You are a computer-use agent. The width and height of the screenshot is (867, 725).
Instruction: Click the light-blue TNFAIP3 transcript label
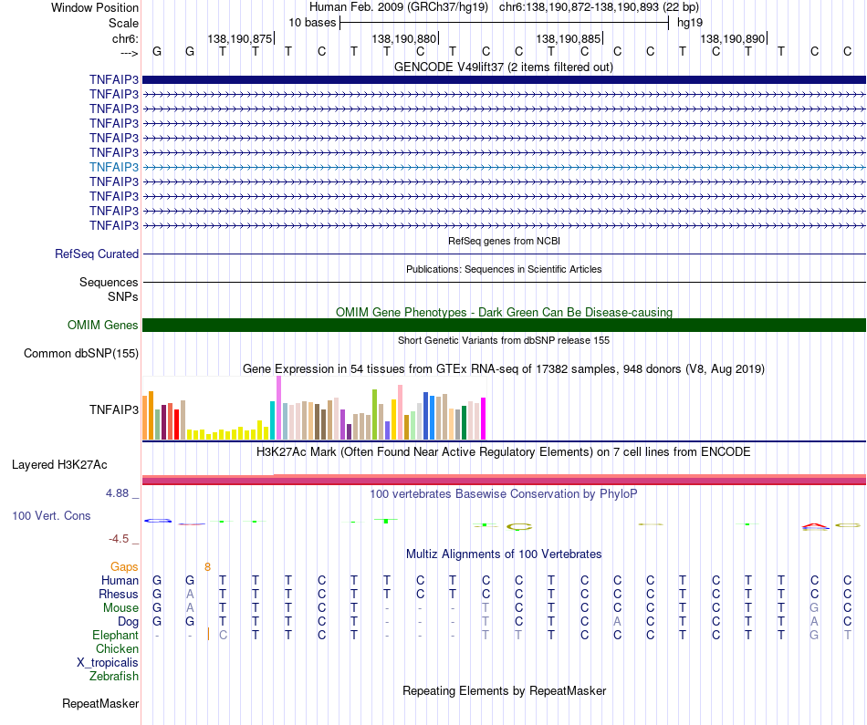tap(114, 167)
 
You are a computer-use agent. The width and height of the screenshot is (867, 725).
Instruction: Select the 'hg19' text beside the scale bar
tap(690, 23)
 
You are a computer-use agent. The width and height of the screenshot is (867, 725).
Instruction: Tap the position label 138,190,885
tap(568, 38)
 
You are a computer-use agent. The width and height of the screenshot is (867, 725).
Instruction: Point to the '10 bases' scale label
tap(312, 23)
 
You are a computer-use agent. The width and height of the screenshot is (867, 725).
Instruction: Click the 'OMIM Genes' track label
tap(103, 325)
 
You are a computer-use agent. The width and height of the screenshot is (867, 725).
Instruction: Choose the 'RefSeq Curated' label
tap(97, 254)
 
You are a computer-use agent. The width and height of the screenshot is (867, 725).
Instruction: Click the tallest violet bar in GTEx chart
tap(278, 408)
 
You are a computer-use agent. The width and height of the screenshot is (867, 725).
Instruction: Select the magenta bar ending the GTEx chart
tap(484, 419)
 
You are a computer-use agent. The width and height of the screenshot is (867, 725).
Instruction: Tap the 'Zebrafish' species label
tap(114, 676)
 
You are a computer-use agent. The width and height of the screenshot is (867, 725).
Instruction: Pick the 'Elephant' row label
tap(116, 635)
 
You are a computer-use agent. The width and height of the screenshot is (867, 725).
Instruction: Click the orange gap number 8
tap(207, 567)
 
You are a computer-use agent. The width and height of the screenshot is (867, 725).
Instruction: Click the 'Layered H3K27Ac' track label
tap(59, 465)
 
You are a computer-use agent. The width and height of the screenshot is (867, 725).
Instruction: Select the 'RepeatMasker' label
tap(100, 703)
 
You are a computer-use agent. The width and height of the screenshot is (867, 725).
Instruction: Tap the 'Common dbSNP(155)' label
tap(81, 353)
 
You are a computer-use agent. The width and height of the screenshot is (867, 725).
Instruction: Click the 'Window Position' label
tap(95, 7)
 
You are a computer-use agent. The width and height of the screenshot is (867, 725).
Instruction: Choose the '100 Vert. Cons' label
tap(51, 515)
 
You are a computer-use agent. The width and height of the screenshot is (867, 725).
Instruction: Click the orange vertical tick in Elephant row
tap(208, 635)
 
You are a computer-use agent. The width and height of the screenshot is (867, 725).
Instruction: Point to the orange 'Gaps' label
tap(124, 567)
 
